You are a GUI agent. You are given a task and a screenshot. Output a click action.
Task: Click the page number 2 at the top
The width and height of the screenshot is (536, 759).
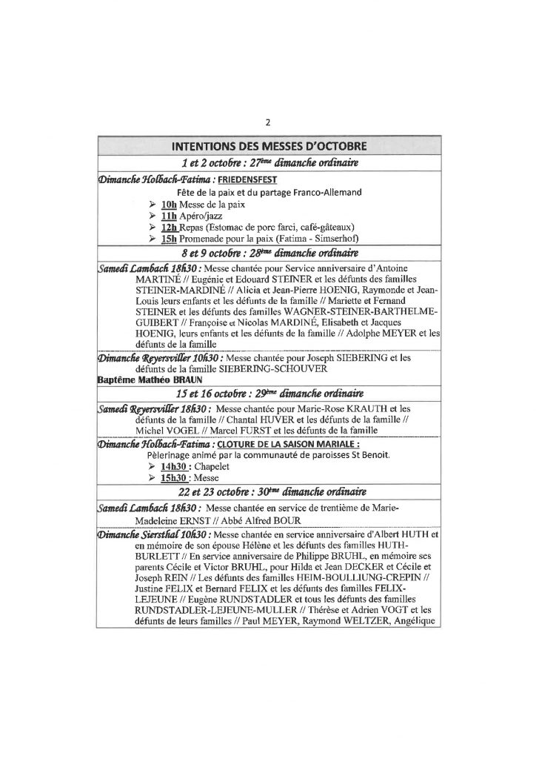point(268,125)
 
